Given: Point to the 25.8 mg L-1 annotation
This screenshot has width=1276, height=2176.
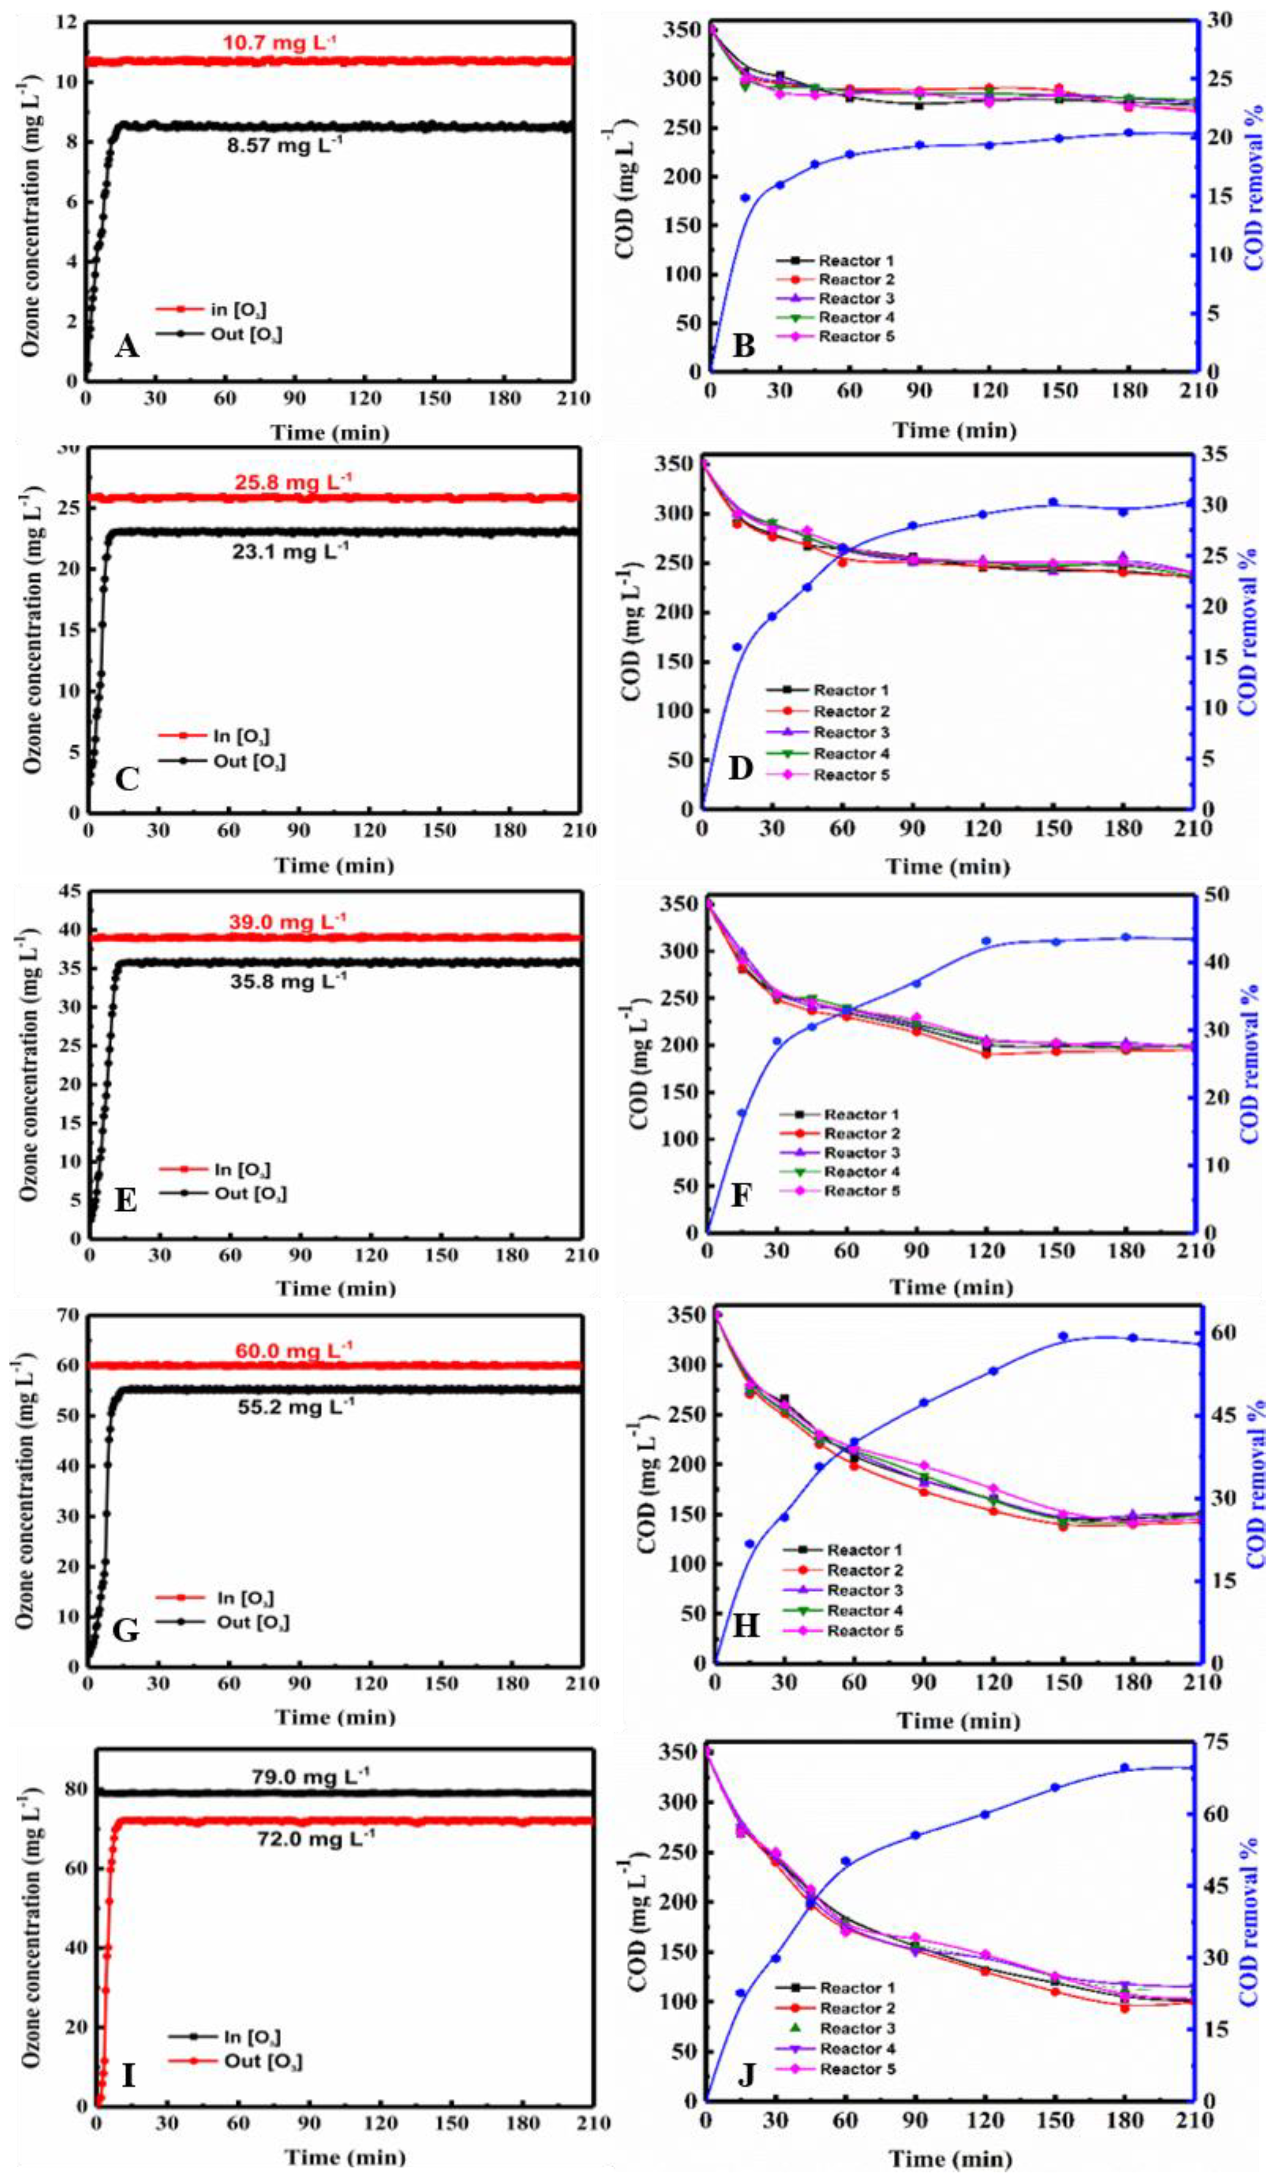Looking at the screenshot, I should tap(293, 479).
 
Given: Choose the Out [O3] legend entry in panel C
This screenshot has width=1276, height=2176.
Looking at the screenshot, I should tap(248, 762).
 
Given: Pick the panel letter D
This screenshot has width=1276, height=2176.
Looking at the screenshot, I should tap(741, 768).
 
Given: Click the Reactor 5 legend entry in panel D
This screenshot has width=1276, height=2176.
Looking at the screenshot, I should tap(850, 775).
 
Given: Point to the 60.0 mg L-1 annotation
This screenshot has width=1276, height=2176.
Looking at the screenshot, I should tap(293, 1350).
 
